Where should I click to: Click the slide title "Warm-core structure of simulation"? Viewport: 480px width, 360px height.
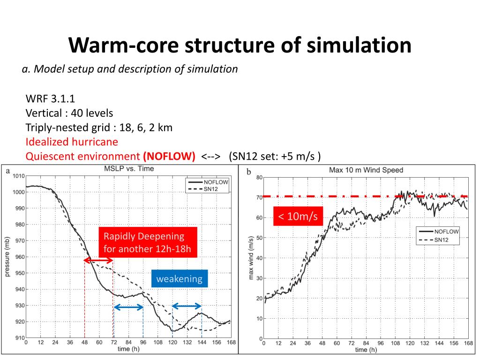[240, 45]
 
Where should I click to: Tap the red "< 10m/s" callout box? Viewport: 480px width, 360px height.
[298, 216]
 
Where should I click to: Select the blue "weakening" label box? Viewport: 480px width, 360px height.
[179, 279]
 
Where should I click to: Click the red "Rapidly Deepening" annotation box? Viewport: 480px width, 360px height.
[148, 242]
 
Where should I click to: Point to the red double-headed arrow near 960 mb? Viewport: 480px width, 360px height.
[98, 260]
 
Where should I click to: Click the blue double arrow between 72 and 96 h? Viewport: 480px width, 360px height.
[128, 307]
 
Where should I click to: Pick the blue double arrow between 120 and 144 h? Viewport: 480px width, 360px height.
[187, 306]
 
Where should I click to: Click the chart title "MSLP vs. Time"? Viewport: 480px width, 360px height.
[129, 169]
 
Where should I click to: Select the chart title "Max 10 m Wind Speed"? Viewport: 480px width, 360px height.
[367, 170]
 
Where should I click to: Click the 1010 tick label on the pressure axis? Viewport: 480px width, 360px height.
[18, 176]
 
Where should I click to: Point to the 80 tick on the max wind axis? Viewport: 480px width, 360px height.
[259, 177]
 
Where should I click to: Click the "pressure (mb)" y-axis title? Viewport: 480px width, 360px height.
[7, 257]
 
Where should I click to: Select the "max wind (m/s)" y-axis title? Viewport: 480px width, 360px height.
[251, 258]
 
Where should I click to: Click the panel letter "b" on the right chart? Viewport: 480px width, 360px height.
[248, 172]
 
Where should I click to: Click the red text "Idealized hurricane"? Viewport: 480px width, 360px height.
[72, 142]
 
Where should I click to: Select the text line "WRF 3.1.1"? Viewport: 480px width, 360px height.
[50, 99]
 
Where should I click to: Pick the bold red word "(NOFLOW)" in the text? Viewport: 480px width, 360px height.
[170, 156]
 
